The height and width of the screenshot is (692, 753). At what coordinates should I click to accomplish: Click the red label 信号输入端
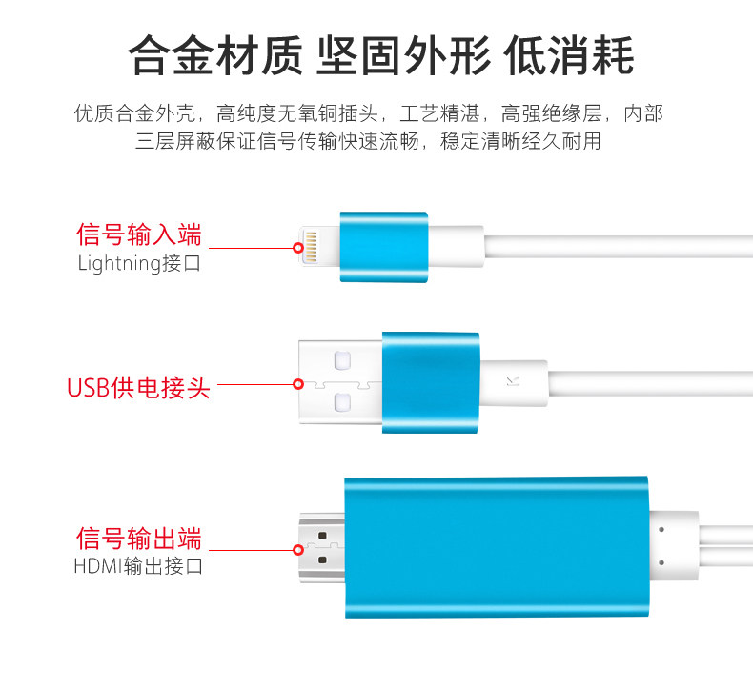click(x=139, y=234)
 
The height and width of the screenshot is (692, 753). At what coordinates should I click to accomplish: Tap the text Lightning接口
click(x=139, y=263)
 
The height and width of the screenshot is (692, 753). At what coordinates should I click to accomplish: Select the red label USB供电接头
click(x=138, y=387)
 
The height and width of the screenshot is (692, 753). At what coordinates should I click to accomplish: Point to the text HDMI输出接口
click(x=139, y=566)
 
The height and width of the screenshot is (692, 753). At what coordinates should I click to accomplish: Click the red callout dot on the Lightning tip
click(x=298, y=249)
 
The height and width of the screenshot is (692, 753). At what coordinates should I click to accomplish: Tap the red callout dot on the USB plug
click(x=298, y=385)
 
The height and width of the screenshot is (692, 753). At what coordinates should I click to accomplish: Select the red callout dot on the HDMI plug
click(x=298, y=550)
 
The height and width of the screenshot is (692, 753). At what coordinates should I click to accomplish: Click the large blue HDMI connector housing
click(x=496, y=548)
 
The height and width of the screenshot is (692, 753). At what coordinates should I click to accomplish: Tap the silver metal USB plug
click(x=341, y=383)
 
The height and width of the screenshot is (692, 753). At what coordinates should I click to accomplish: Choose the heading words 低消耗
click(x=569, y=55)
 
